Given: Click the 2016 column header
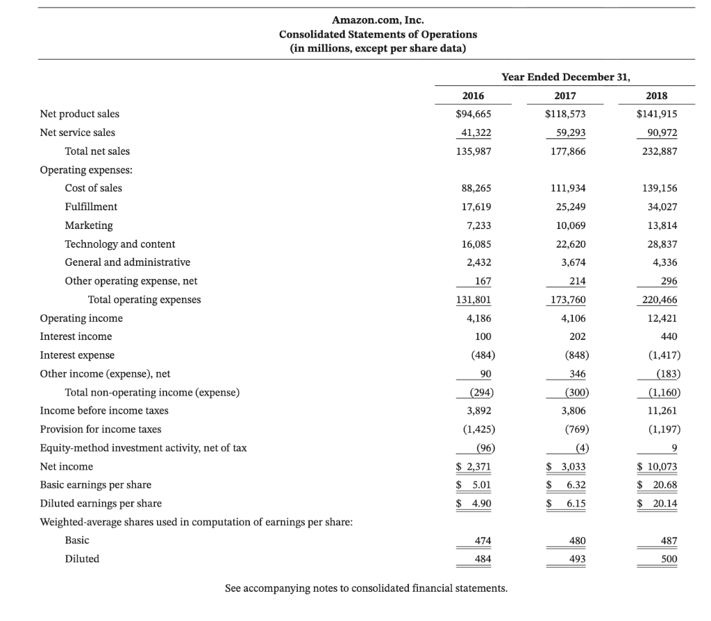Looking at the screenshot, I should point(473,96).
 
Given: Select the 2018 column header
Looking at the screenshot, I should point(661,96).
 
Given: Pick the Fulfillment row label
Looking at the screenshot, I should point(91,207).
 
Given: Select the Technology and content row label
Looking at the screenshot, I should point(119,244).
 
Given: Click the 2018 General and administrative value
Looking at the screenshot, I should point(664,262).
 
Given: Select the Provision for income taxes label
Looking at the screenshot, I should point(101,429).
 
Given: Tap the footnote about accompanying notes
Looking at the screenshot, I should point(366,588).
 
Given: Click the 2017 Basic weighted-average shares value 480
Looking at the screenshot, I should point(577,541).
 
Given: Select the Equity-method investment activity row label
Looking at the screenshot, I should point(143,448).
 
